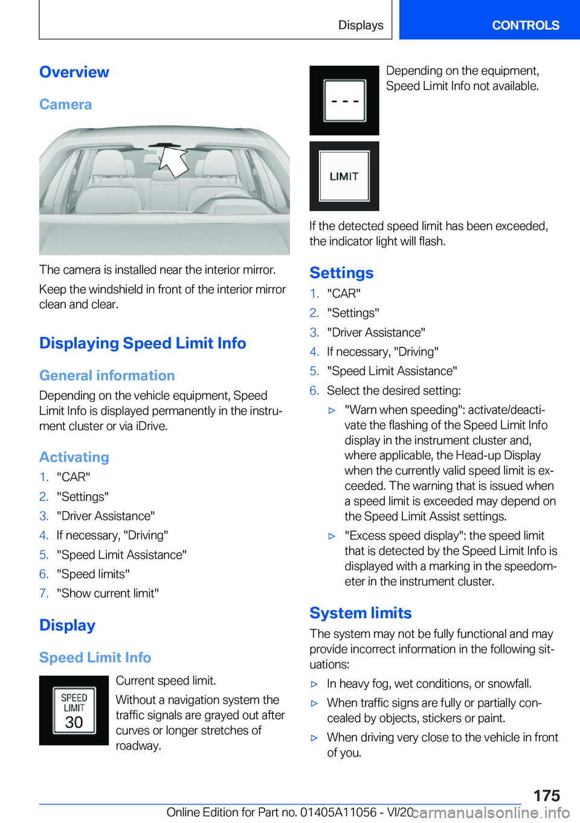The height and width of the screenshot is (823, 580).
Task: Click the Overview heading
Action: pos(74,72)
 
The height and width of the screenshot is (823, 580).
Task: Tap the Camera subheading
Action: pos(65,105)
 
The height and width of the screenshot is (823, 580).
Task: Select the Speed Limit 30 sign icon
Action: pos(74,710)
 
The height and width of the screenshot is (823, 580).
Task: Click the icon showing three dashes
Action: pos(344,100)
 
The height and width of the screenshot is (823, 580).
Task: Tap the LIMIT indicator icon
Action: pos(344,176)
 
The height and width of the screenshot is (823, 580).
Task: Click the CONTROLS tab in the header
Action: pos(525,25)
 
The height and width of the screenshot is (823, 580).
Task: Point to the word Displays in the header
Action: pos(361,25)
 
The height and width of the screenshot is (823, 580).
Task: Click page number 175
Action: pos(546,795)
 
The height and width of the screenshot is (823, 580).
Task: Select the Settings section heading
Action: pos(341,273)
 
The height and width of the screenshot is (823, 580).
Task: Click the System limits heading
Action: pos(361,613)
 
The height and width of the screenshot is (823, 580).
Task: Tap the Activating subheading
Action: pos(74,457)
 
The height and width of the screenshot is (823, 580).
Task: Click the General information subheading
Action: pos(107,376)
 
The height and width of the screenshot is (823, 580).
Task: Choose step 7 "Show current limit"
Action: pos(108,593)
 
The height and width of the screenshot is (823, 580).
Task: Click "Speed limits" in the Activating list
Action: pos(93,574)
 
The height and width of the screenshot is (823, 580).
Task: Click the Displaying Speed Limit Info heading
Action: pos(143,343)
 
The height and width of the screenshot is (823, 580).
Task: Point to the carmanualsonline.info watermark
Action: pos(491,812)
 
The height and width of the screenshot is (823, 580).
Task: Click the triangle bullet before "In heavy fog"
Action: pos(314,684)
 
